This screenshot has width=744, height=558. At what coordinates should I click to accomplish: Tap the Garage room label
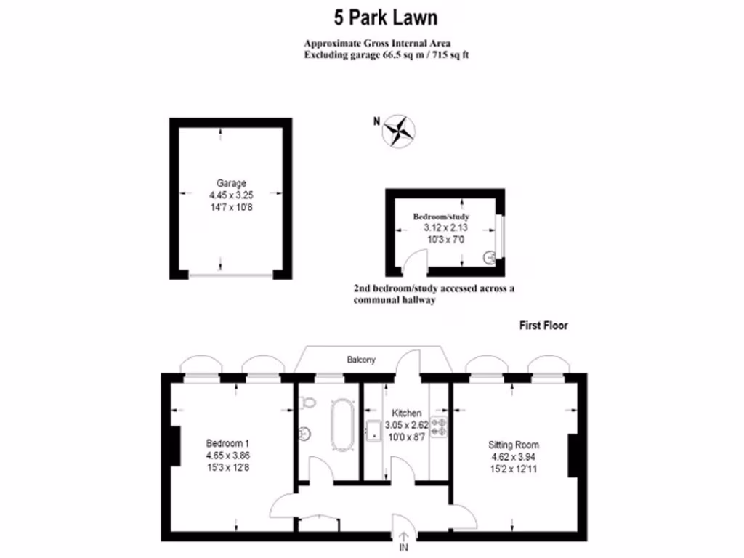tap(231, 183)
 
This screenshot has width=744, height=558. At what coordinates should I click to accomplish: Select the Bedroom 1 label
tap(227, 443)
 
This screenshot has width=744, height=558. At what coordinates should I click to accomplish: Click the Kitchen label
tap(405, 413)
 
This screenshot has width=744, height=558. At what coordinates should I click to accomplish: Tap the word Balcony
tap(360, 360)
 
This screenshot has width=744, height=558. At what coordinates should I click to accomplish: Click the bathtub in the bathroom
tap(340, 428)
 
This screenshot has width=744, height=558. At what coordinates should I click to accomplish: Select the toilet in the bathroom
tap(308, 403)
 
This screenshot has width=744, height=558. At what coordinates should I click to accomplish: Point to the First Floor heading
tap(543, 325)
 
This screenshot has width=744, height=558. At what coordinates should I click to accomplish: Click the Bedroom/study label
tap(441, 217)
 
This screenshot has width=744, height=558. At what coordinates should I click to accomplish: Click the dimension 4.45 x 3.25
tap(231, 195)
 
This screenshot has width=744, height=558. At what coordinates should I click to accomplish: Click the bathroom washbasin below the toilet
tap(304, 433)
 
